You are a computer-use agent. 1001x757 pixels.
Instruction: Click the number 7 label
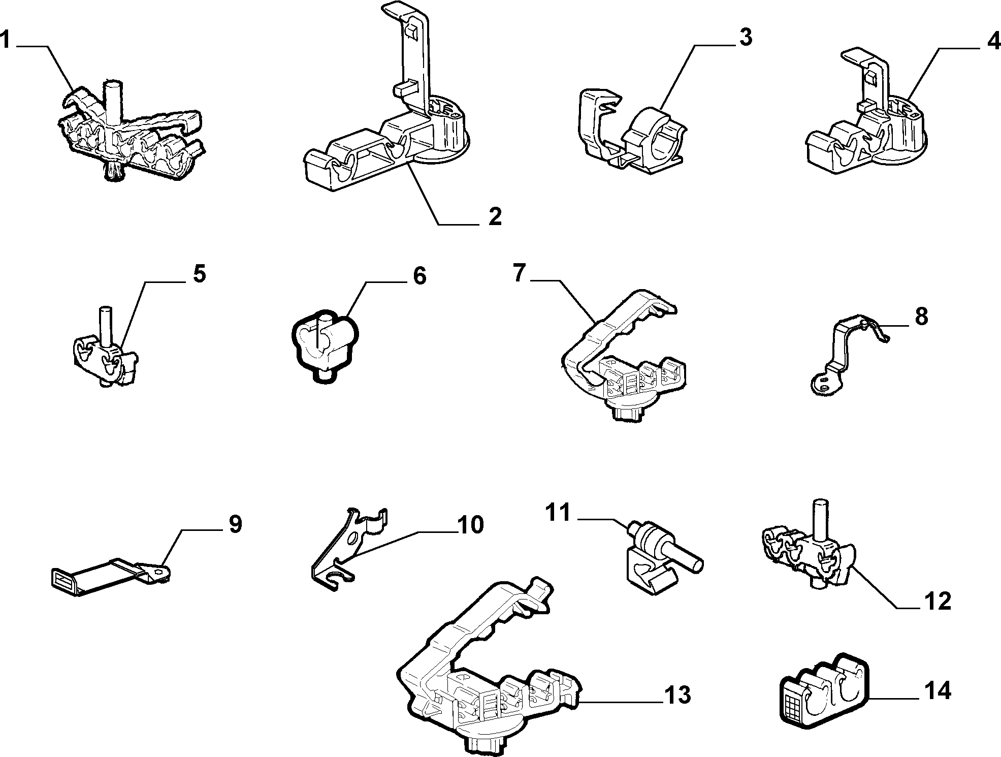click(519, 273)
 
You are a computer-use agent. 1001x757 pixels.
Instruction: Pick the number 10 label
click(470, 524)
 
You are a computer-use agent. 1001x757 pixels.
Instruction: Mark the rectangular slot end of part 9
click(65, 579)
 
